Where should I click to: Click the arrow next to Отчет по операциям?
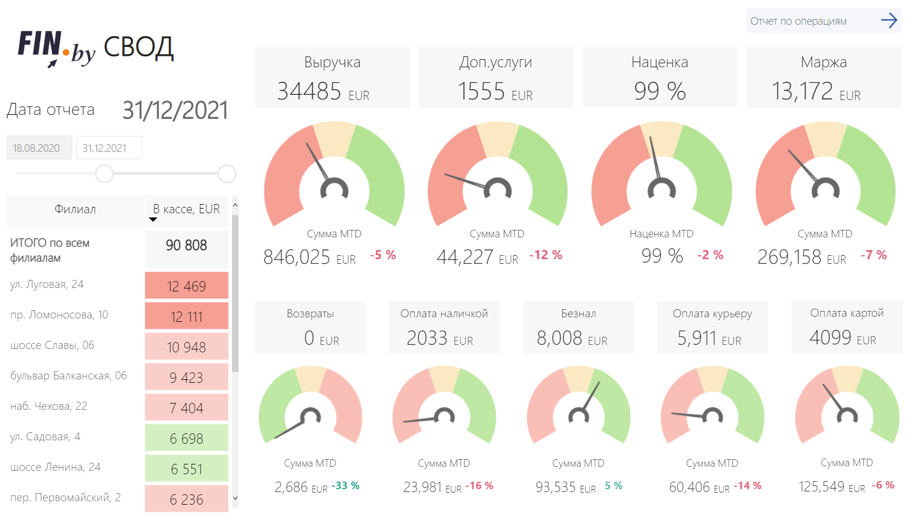tap(889, 21)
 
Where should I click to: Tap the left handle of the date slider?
tap(105, 173)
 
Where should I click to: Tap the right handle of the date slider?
tap(227, 173)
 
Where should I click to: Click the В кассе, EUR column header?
tap(186, 209)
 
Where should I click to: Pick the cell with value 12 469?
tap(186, 286)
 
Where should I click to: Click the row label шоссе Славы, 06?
tap(52, 345)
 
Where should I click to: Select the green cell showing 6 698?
tap(186, 439)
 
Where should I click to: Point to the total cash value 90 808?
tap(186, 245)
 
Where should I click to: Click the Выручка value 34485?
tap(309, 91)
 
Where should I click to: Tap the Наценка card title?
tap(659, 62)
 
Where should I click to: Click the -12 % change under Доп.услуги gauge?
tap(546, 255)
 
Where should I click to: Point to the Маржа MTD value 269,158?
tap(790, 257)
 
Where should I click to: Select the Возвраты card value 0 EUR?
tap(321, 339)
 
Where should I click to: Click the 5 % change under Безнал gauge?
tap(613, 486)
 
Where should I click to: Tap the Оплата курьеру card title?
tap(712, 314)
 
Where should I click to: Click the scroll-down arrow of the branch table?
tap(235, 498)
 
